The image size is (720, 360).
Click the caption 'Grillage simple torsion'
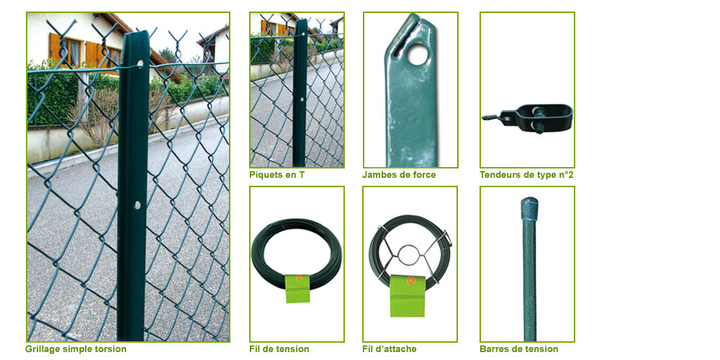click(76, 349)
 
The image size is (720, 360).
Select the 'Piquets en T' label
click(277, 174)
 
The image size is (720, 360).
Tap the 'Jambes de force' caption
click(399, 174)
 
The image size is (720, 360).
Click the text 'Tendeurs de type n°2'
click(527, 174)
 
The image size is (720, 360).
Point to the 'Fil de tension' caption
click(279, 349)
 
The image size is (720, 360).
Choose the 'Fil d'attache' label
click(390, 349)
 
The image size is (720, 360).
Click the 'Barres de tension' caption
click(519, 349)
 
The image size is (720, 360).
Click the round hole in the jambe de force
click(418, 55)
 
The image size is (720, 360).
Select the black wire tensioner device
click(528, 117)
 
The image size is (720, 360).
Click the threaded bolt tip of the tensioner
click(490, 117)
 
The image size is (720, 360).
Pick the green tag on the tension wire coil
click(297, 289)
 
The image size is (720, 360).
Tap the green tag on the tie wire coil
click(408, 296)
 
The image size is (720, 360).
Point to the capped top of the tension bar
click(529, 208)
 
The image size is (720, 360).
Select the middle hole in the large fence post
click(137, 204)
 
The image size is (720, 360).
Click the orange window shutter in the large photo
click(55, 48)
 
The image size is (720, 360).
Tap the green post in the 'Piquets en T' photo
click(300, 93)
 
